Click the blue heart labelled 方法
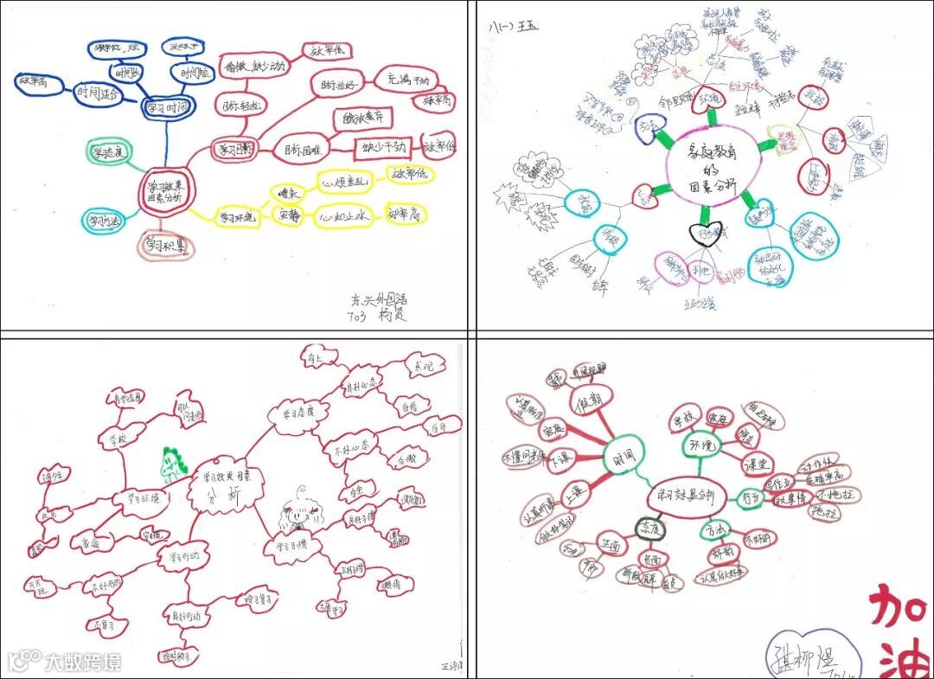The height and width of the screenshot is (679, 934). pos(648,127)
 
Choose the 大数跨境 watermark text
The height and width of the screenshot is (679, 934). pos(82,663)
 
